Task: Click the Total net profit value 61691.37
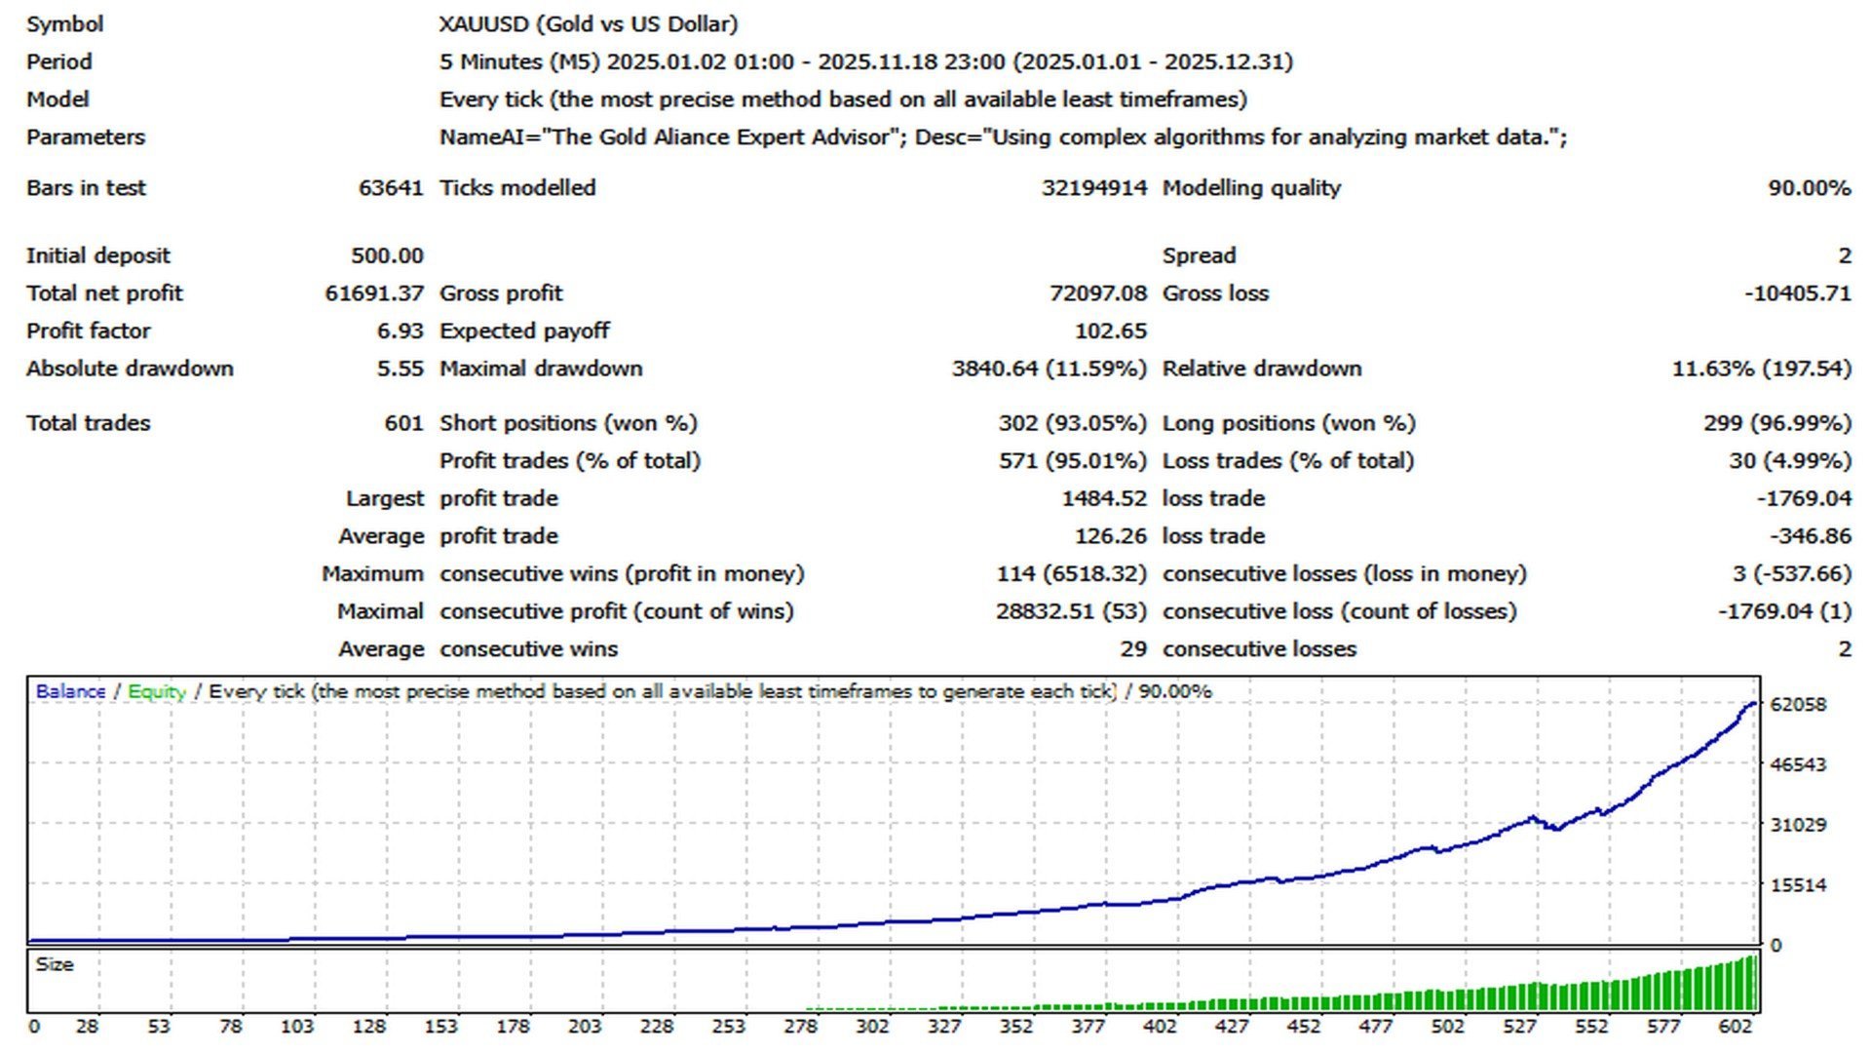click(373, 293)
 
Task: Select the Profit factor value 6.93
click(400, 331)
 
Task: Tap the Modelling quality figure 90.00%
click(1809, 188)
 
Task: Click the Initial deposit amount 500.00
click(387, 255)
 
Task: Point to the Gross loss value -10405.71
click(1797, 293)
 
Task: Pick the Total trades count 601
click(403, 423)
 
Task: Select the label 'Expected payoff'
click(524, 331)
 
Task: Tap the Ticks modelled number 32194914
click(1093, 188)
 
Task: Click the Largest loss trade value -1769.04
click(1803, 498)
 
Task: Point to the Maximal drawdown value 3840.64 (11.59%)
click(1049, 369)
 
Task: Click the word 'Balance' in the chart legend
click(70, 691)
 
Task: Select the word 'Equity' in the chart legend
click(157, 691)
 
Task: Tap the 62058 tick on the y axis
click(1798, 704)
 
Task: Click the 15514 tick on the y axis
click(1798, 885)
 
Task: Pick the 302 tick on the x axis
click(872, 1026)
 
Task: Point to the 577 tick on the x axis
click(1663, 1026)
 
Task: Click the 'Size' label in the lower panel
click(55, 964)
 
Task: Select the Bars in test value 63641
click(391, 188)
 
